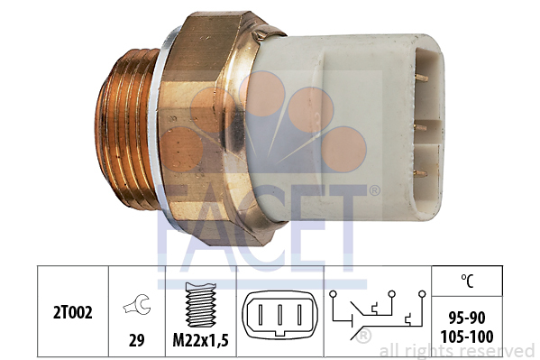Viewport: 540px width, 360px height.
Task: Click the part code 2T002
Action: (x=73, y=313)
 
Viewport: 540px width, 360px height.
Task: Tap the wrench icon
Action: (x=137, y=304)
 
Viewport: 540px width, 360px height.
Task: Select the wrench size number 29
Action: (x=136, y=340)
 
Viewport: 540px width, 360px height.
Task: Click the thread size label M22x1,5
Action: (x=200, y=341)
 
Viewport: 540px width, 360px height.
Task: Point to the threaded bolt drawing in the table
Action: (x=201, y=305)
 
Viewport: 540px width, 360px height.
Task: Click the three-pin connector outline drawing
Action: (x=279, y=315)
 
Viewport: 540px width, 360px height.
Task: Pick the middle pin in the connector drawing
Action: (x=279, y=314)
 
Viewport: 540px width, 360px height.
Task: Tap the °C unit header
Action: (x=467, y=281)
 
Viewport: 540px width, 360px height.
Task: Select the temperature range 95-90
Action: (x=467, y=318)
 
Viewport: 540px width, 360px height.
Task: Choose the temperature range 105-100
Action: (x=467, y=337)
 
